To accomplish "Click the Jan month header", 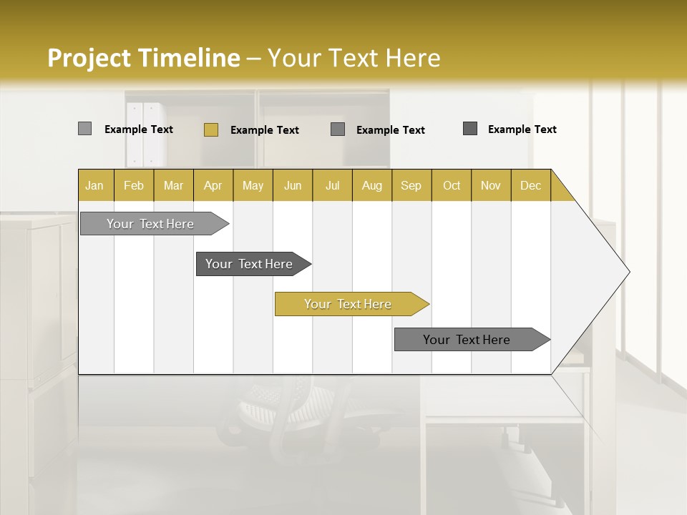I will tap(94, 185).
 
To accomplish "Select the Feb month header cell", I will tap(134, 185).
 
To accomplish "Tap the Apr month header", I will tap(213, 185).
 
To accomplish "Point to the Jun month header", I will tap(293, 185).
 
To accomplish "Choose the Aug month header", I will tap(371, 185).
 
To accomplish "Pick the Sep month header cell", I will tap(411, 185).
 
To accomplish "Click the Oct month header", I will tap(452, 185).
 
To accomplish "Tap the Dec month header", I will tap(530, 185).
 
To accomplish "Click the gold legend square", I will tap(210, 129).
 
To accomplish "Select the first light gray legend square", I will tap(84, 129).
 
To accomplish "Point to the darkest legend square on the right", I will tap(470, 129).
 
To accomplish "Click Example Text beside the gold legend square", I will tap(265, 130).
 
